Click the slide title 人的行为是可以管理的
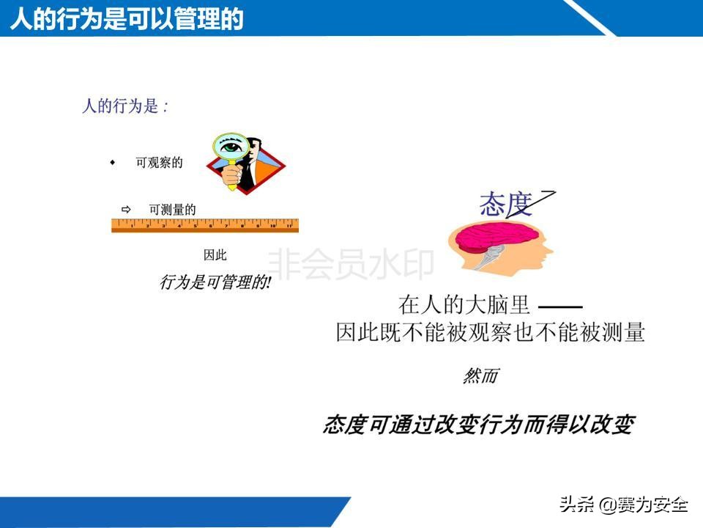point(127,18)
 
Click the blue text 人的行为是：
point(125,106)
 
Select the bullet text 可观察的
point(159,163)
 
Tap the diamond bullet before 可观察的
point(113,162)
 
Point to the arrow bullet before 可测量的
point(125,210)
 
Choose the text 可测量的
point(172,210)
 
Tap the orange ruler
point(205,225)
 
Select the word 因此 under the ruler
point(215,255)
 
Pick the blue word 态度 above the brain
point(506,205)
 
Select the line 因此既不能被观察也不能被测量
point(490,332)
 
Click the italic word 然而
point(480,376)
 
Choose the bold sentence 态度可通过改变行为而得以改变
point(478,425)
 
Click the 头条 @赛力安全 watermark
point(624,505)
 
